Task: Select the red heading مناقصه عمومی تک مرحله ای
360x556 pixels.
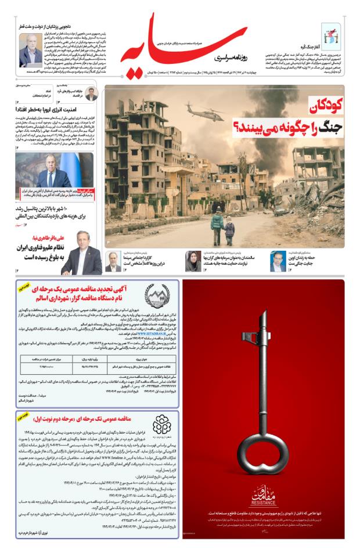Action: pos(82,418)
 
